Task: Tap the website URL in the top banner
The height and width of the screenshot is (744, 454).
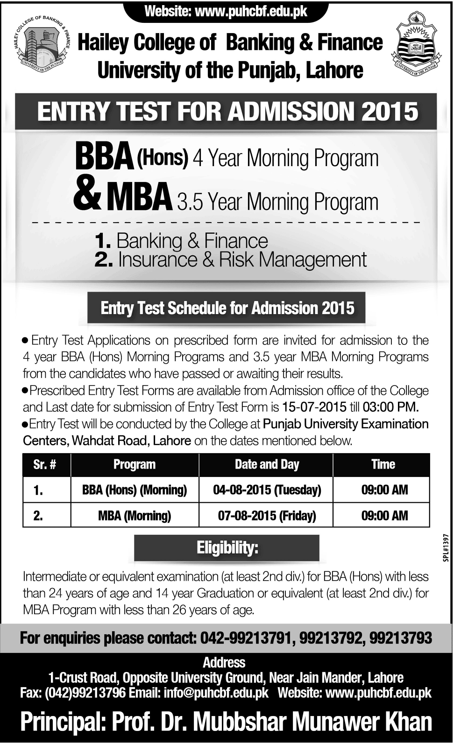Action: point(250,12)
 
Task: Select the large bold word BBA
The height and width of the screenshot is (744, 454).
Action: point(104,158)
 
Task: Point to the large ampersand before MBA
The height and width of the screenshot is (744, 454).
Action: point(87,197)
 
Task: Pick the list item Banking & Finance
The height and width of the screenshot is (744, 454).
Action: point(192,241)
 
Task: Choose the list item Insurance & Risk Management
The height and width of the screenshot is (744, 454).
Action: point(242,260)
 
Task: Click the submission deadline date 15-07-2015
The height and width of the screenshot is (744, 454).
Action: point(314,407)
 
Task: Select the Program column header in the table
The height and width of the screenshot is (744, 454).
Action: point(135,464)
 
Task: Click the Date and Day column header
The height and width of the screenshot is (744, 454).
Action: point(267,464)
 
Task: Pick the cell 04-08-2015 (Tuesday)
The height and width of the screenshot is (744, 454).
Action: point(267,490)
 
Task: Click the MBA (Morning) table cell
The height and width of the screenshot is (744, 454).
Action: point(135,515)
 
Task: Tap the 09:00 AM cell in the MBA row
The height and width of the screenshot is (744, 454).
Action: point(384,515)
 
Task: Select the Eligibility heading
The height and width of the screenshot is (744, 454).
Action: point(227,547)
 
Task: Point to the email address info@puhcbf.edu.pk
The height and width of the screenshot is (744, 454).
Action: point(216,693)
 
